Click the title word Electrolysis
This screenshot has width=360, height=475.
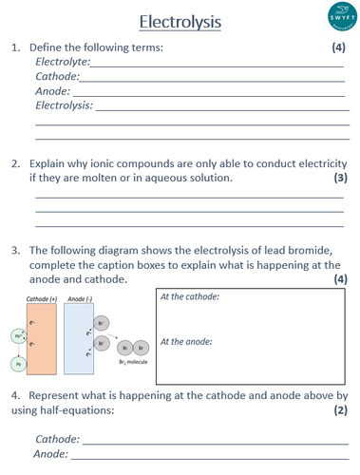(x=180, y=20)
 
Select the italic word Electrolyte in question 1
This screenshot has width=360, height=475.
(x=60, y=61)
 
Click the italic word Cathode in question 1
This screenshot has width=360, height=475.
(x=56, y=76)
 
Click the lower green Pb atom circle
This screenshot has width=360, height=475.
(x=17, y=363)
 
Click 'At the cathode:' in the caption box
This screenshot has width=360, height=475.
(x=191, y=297)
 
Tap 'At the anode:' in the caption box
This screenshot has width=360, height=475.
(x=186, y=341)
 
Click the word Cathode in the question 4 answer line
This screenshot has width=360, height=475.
(x=56, y=440)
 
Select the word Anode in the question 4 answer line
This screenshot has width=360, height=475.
(x=51, y=455)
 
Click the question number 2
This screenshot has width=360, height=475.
(x=16, y=162)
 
